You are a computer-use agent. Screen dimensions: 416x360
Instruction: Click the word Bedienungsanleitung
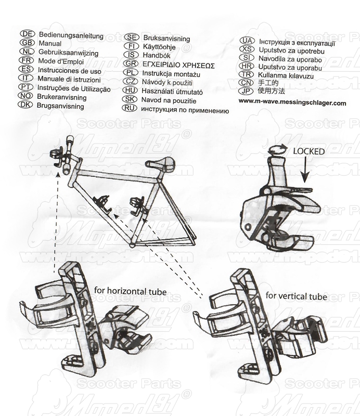pyautogui.click(x=70, y=36)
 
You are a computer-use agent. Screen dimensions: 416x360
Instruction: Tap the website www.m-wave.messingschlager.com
pyautogui.click(x=292, y=103)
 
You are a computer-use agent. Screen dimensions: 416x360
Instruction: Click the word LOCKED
pyautogui.click(x=308, y=152)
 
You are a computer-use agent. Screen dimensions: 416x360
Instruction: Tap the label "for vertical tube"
pyautogui.click(x=296, y=296)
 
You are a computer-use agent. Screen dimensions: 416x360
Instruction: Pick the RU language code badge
pyautogui.click(x=130, y=109)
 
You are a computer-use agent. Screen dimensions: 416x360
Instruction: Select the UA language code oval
pyautogui.click(x=247, y=41)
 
